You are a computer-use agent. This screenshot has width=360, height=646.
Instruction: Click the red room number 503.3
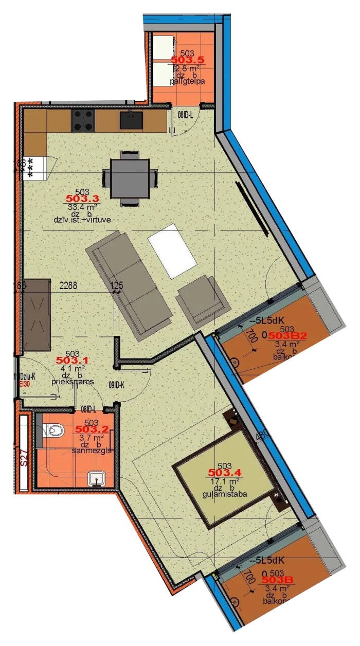tap(82, 199)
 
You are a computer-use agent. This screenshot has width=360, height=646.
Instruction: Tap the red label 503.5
tap(188, 60)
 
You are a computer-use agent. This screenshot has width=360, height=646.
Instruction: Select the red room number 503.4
tap(225, 472)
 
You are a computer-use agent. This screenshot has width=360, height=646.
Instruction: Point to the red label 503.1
tap(73, 361)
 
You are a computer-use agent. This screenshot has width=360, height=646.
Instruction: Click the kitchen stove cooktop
tap(83, 120)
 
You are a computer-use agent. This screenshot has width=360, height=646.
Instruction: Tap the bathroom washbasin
tap(97, 479)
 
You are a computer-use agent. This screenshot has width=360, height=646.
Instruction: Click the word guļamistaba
tap(225, 494)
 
